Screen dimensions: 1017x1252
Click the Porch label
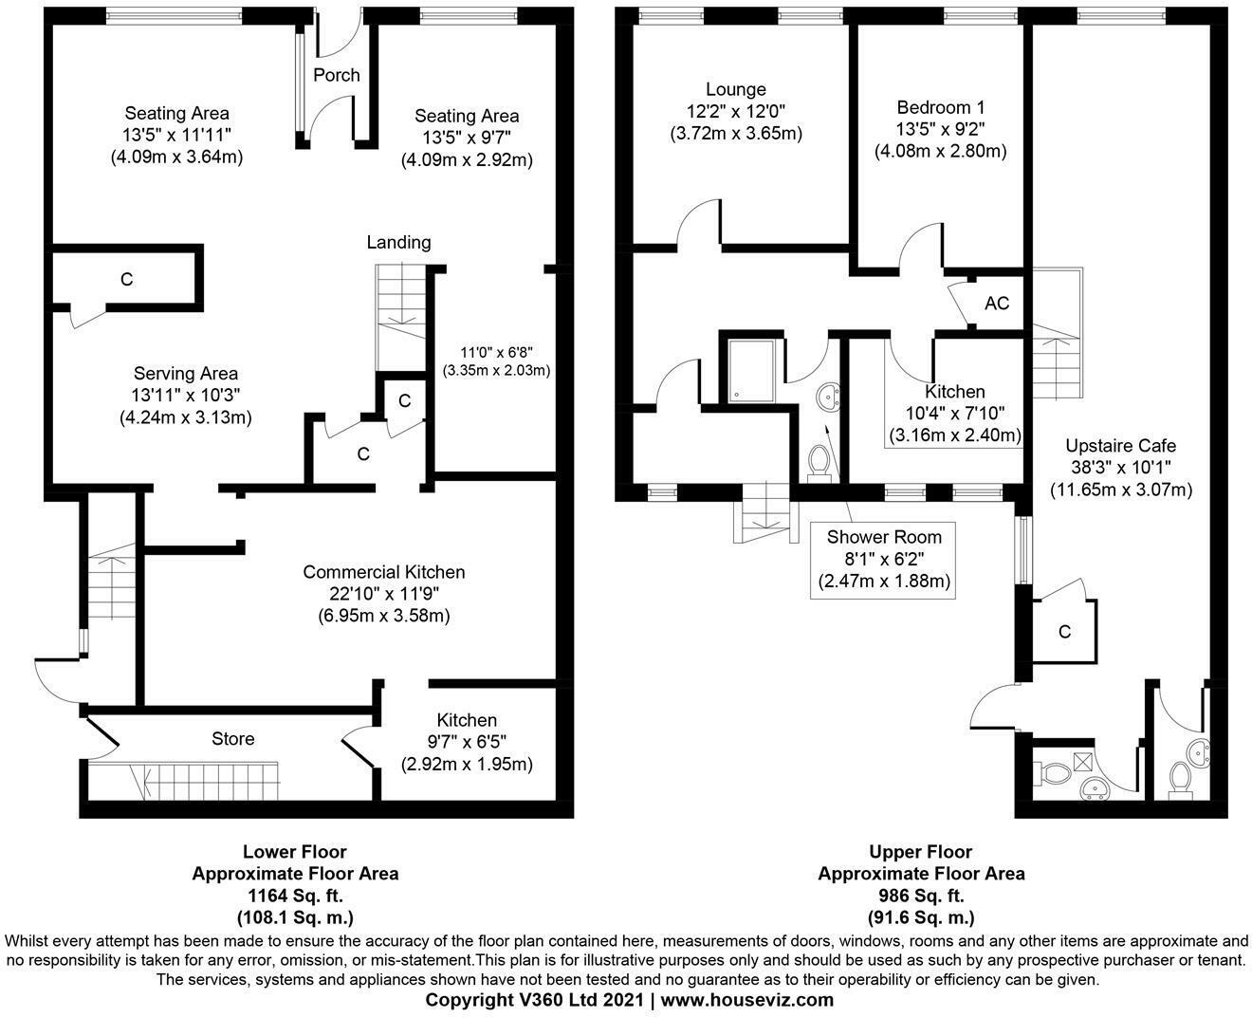pos(337,75)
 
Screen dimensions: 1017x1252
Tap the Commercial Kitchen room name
pos(383,572)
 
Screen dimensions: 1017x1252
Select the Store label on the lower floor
pos(232,738)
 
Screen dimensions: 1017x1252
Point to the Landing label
pos(398,242)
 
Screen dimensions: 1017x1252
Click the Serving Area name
pos(185,374)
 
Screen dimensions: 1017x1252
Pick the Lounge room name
pos(735,90)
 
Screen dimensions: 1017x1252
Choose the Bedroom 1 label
pos(940,107)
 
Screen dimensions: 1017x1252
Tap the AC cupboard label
pos(997,304)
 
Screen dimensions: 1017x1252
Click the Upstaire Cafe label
pos(1120,446)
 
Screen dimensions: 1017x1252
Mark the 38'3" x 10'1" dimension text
pos(1120,468)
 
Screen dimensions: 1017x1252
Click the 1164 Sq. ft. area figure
pos(295,896)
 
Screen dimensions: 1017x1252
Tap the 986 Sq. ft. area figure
pos(921,896)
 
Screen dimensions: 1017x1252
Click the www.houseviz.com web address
pos(747,1000)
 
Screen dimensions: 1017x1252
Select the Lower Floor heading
pos(295,852)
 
